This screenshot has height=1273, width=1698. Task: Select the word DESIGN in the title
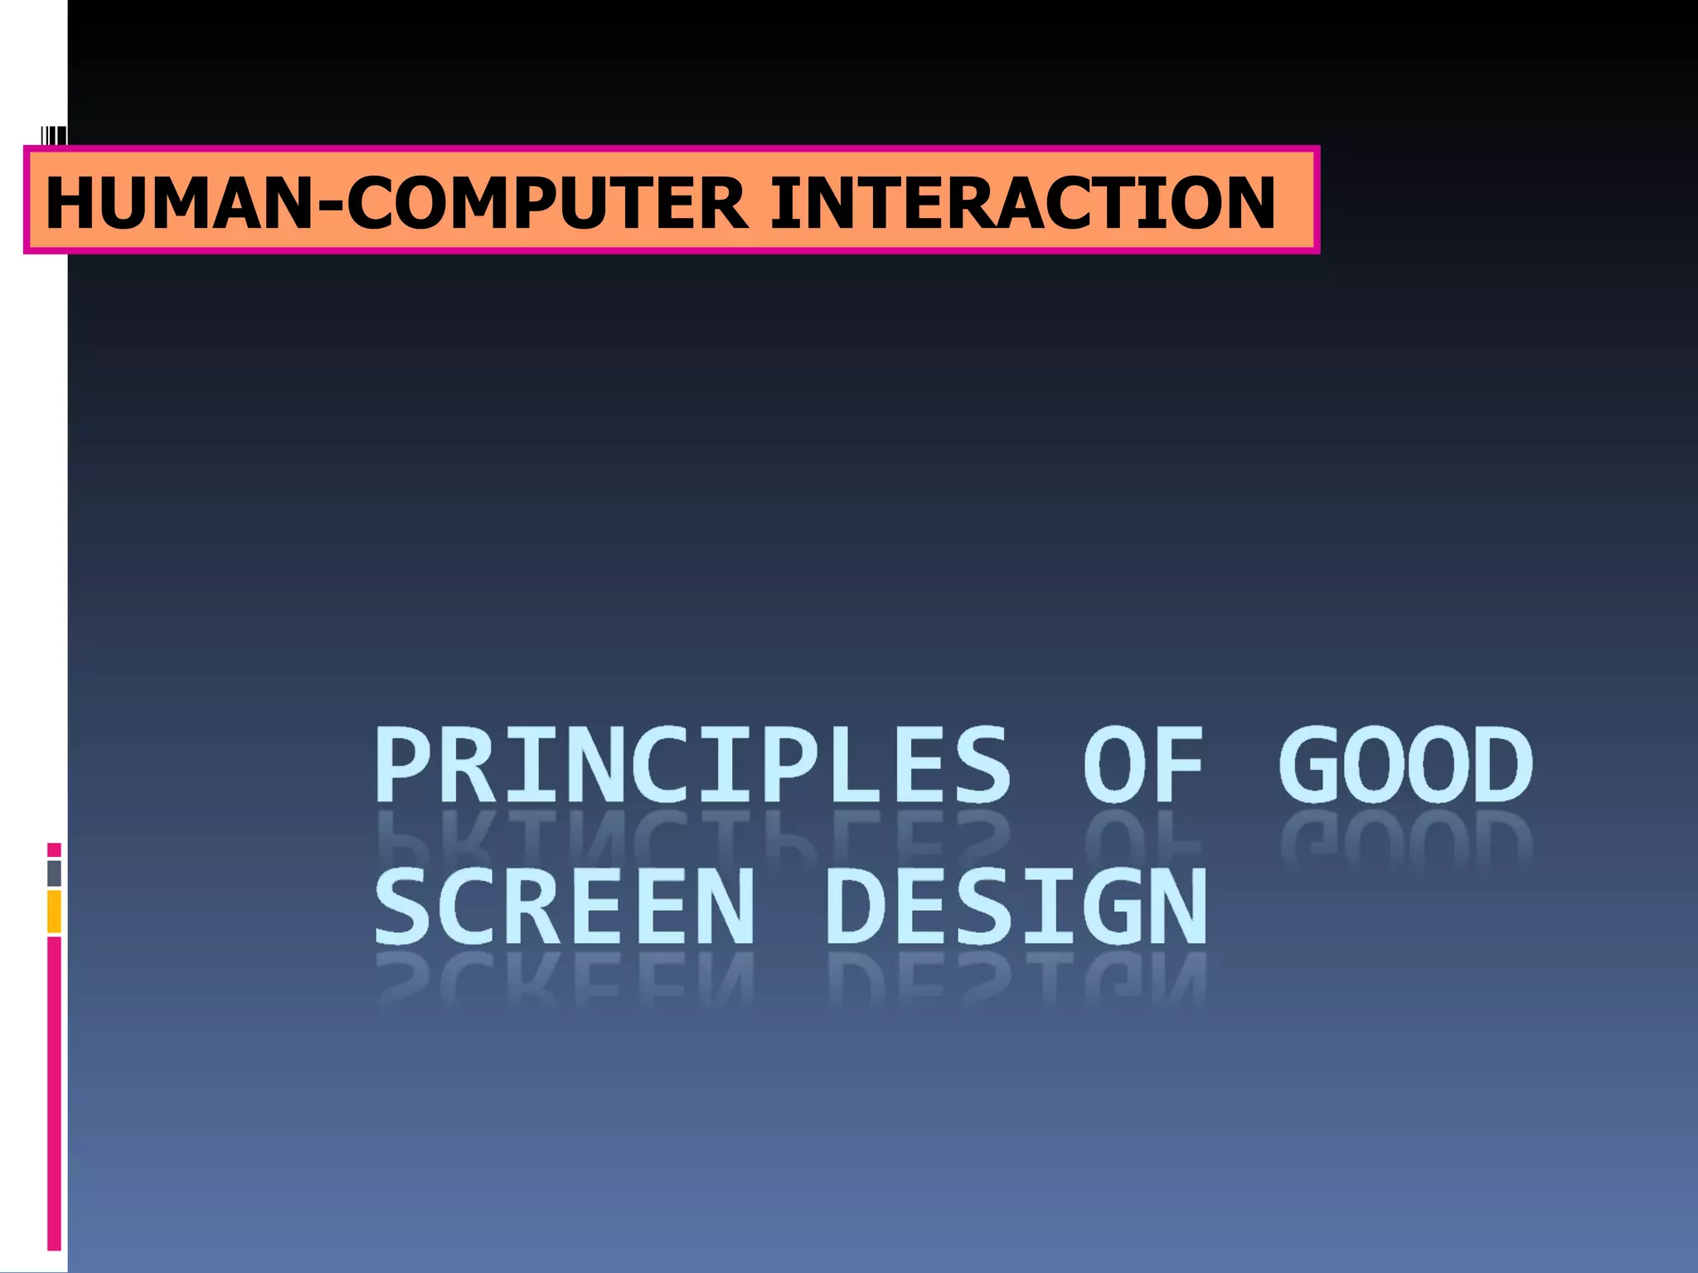1016,907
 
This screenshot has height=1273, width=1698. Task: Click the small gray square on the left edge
54,873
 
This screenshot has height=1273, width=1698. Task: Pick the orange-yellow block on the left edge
54,911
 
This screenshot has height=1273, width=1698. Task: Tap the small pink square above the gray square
54,849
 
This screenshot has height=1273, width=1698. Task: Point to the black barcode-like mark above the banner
54,135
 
